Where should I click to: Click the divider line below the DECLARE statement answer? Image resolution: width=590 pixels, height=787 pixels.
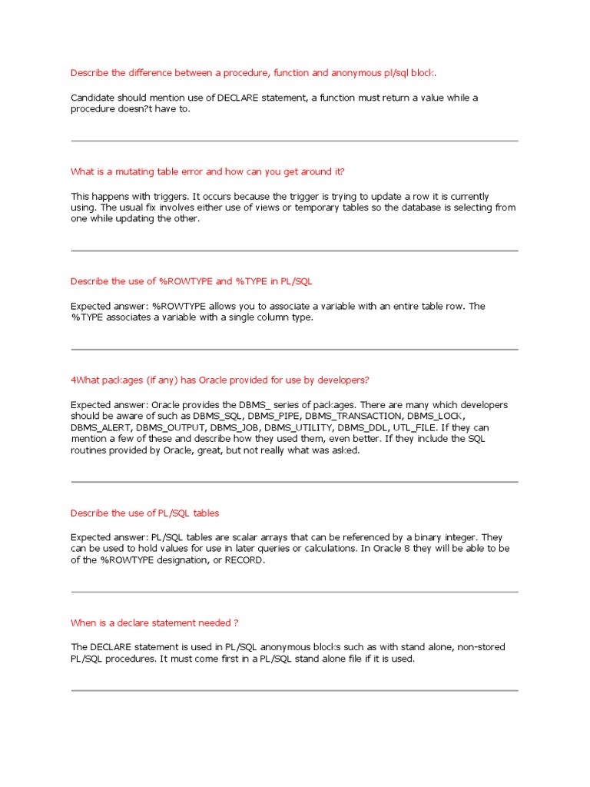[x=294, y=690]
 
